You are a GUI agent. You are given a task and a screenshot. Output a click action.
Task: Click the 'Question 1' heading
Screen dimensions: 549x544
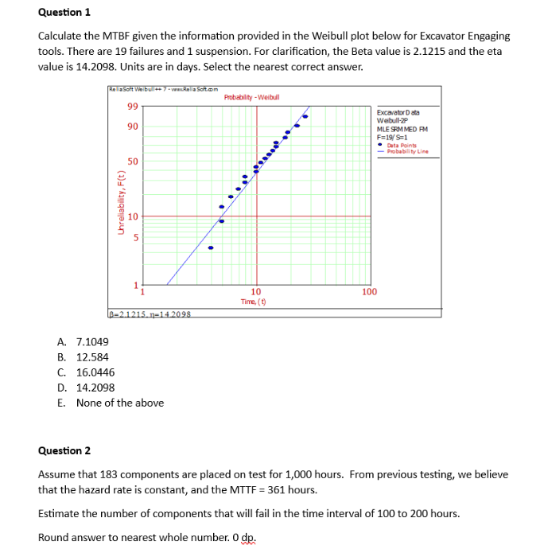pos(64,12)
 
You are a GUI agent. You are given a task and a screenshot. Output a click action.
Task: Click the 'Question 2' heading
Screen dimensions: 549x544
pos(64,450)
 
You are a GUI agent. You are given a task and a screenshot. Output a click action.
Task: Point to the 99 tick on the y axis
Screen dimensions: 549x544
pos(132,107)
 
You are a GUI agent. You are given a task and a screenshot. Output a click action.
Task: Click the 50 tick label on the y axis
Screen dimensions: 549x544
pos(132,162)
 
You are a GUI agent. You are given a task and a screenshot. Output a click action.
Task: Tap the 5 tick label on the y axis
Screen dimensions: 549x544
pos(135,236)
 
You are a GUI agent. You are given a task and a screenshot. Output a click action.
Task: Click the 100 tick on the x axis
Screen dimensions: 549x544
pos(369,292)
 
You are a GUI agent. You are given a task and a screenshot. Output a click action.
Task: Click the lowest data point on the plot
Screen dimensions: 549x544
pos(211,247)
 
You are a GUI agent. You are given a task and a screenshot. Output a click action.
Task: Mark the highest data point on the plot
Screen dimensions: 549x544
pos(305,116)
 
